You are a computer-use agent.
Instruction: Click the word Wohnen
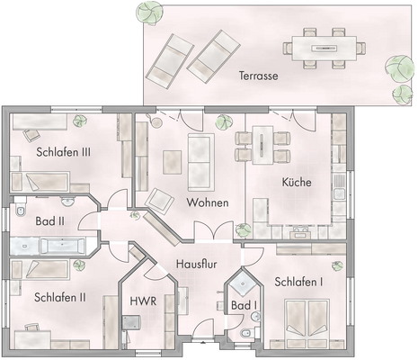(x=207, y=202)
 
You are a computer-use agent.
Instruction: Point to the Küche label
(x=296, y=183)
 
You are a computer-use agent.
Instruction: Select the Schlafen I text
(x=300, y=281)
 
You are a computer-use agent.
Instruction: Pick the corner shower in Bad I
(x=241, y=285)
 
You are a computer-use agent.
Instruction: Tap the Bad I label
(x=244, y=307)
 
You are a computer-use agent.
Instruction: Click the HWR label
(x=143, y=301)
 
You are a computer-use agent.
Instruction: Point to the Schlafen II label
(x=60, y=296)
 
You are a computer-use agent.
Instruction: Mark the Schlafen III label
(x=63, y=152)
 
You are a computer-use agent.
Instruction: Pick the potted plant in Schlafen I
(x=334, y=268)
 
